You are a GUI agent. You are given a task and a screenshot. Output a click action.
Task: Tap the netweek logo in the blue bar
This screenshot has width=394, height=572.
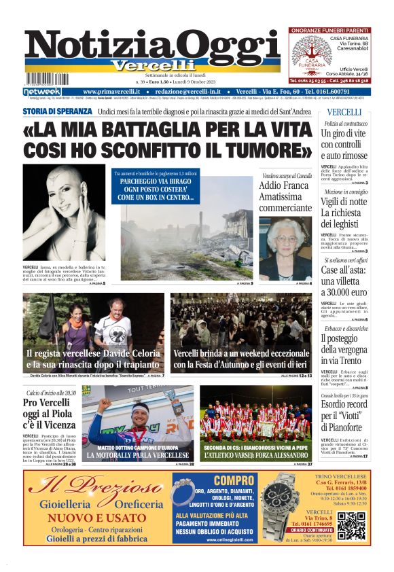(42, 92)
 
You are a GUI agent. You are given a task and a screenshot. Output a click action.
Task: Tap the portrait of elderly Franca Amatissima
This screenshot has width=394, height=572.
(285, 248)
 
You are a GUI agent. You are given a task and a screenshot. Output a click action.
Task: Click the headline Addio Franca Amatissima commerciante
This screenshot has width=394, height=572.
(285, 196)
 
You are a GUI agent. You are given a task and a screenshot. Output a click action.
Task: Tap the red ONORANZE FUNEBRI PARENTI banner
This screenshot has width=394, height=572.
(329, 31)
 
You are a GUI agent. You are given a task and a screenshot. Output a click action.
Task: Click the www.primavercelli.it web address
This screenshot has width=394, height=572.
(111, 92)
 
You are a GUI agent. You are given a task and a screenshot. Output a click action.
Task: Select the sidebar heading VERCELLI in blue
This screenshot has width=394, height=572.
(344, 112)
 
